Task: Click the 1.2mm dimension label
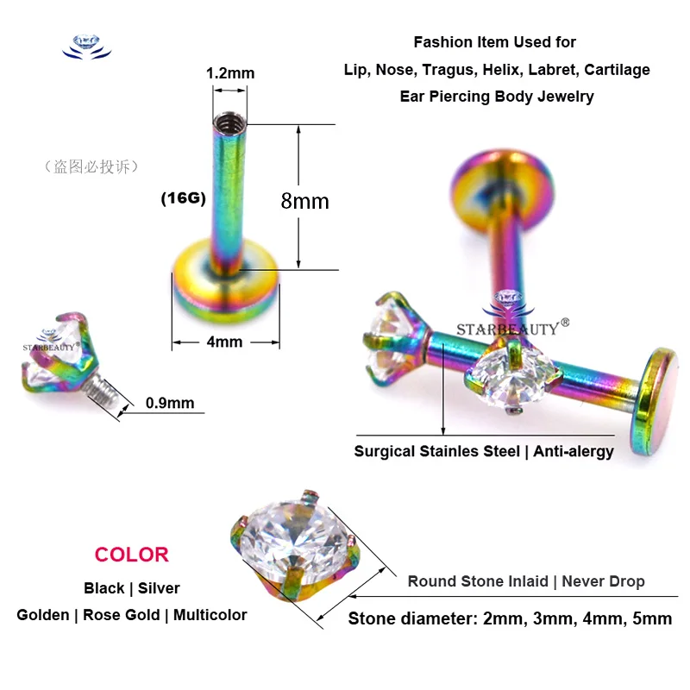[x=229, y=73]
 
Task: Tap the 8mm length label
[x=304, y=201]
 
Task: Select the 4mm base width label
[x=224, y=342]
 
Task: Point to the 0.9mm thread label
[x=169, y=403]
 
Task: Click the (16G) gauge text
[x=183, y=198]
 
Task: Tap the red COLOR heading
[x=132, y=555]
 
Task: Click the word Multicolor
[x=210, y=615]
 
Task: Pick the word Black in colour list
[x=103, y=588]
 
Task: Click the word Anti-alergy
[x=573, y=451]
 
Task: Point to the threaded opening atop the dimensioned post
[x=229, y=120]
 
